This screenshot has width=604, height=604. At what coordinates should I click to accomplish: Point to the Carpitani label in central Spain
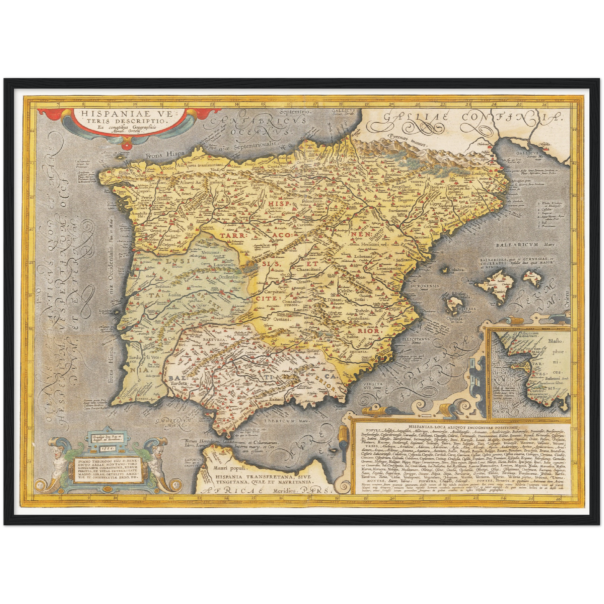click(x=276, y=291)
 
